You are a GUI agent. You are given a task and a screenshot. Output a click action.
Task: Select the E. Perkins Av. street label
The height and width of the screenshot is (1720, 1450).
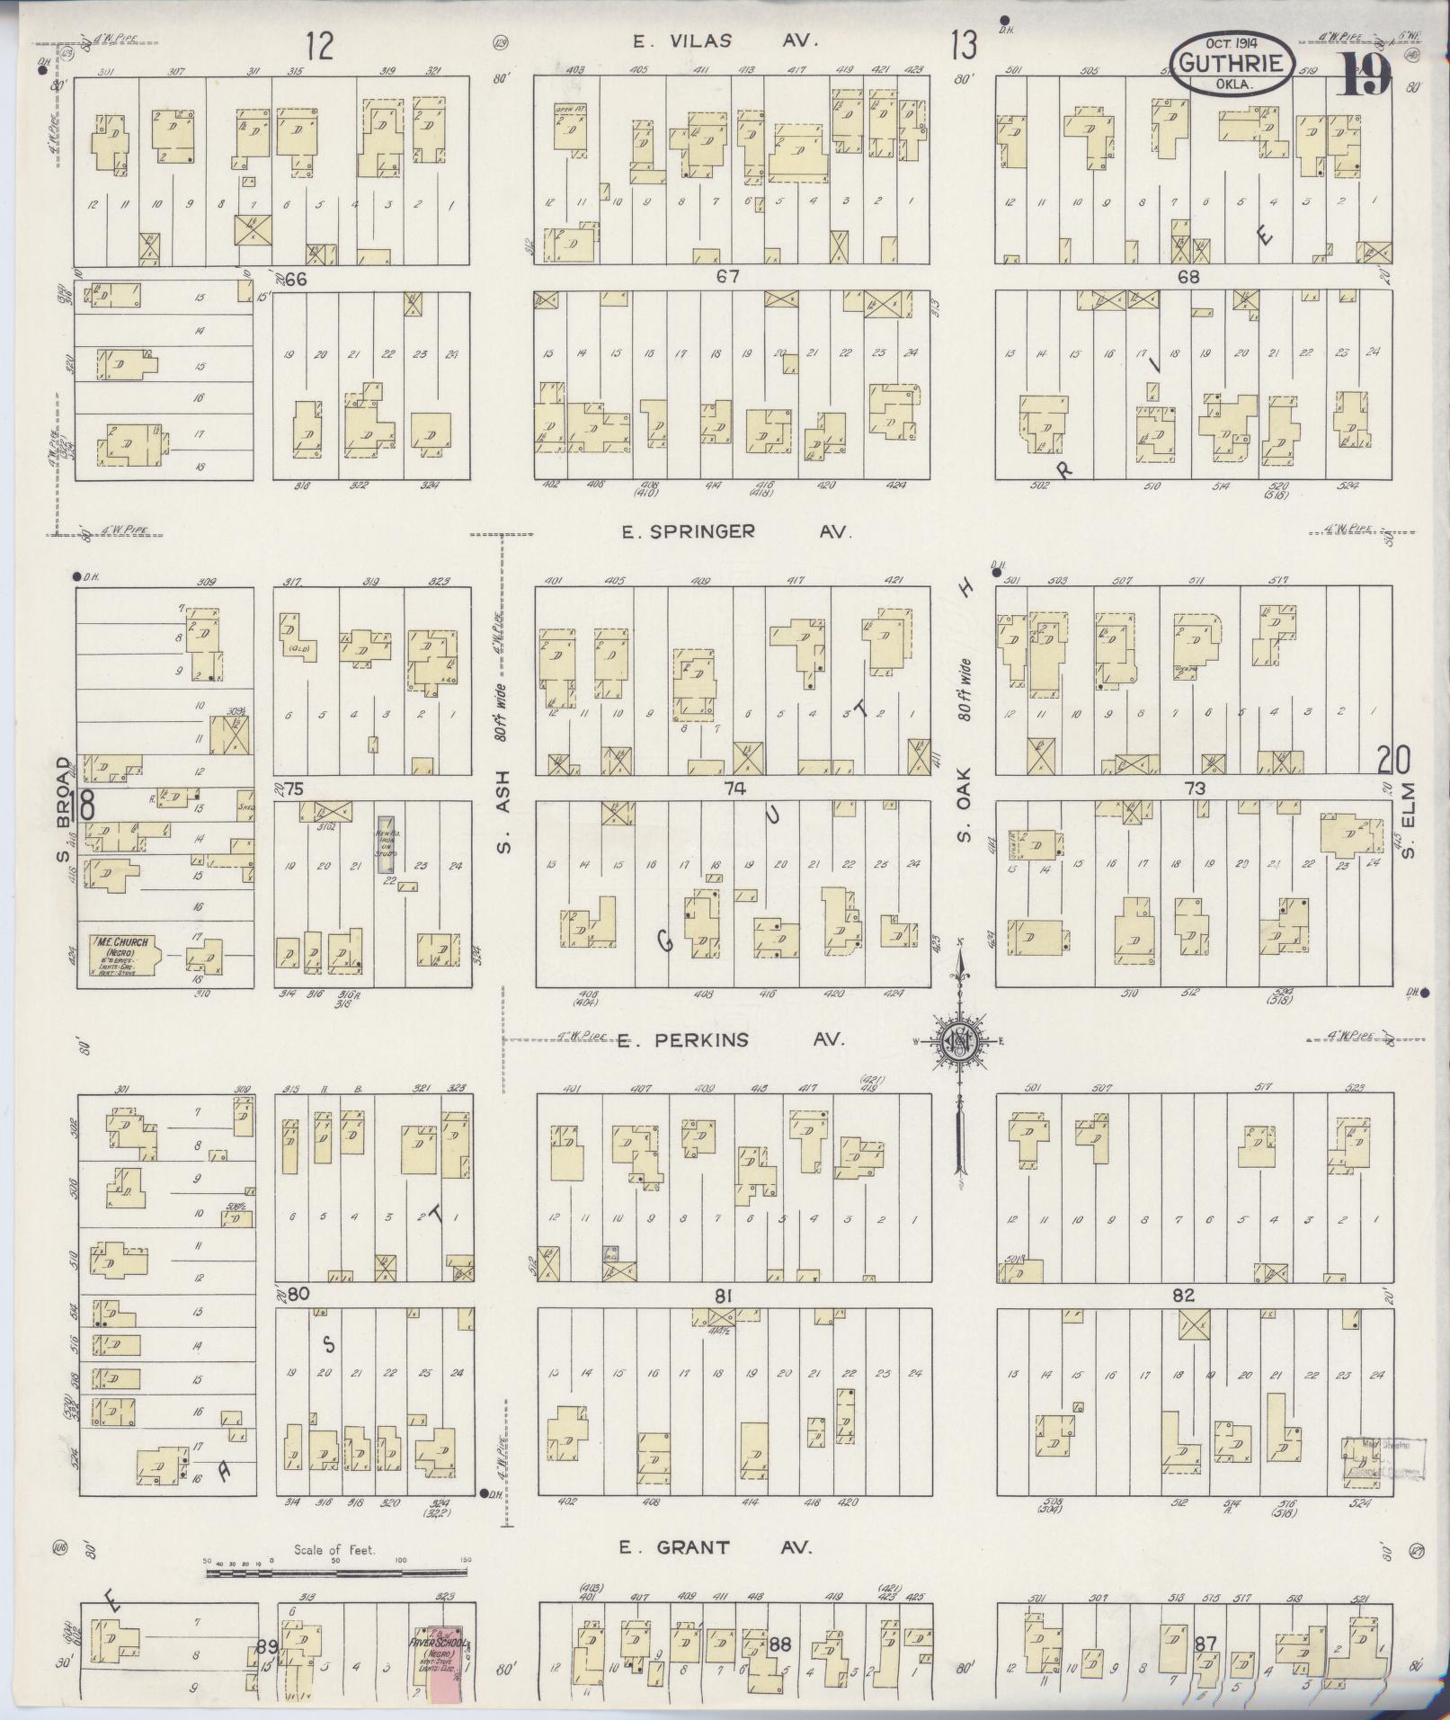[x=731, y=1039]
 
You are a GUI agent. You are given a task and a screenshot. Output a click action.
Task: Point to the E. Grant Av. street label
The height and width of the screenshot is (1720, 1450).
[x=715, y=1547]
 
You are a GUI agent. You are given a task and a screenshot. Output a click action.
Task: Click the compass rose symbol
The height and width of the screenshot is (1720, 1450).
[x=959, y=1043]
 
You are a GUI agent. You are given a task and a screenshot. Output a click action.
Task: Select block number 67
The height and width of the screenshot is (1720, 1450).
[x=727, y=277]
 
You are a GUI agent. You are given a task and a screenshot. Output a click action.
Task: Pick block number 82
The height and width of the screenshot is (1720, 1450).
[x=1183, y=1295]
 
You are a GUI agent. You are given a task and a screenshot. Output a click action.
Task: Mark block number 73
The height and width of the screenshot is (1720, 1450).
[x=1194, y=789]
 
